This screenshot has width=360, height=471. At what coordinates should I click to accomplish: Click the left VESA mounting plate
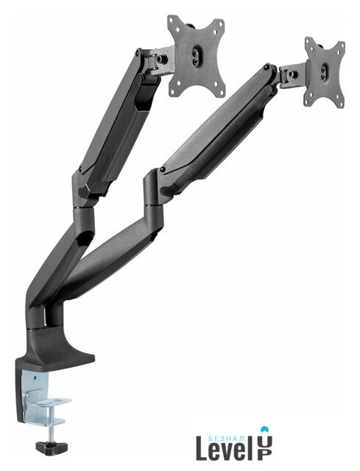(x=197, y=56)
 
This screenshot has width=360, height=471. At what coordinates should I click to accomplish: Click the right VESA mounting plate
(x=324, y=72)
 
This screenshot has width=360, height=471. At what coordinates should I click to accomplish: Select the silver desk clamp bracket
(x=45, y=400)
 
